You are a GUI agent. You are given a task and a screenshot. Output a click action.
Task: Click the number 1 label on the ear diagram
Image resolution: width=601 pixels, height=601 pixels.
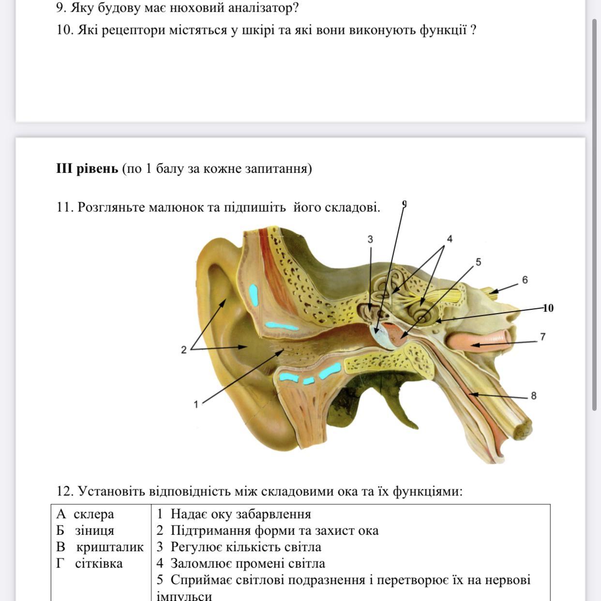point(196,405)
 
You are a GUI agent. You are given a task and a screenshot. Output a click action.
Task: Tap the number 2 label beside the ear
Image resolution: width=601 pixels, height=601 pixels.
point(184,350)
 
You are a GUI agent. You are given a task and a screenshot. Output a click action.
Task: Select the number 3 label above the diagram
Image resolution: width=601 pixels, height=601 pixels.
point(370,240)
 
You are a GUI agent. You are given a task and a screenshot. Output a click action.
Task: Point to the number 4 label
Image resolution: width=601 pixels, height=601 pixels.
point(450,239)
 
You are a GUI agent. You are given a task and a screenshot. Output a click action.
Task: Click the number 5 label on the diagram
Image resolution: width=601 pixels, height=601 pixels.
point(479,262)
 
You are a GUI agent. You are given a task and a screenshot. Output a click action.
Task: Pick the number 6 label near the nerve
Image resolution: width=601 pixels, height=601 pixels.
point(525,280)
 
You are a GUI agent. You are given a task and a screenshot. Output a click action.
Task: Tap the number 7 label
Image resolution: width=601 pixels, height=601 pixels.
point(543,337)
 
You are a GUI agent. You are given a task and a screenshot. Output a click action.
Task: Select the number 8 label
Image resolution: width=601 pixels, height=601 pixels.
point(534,396)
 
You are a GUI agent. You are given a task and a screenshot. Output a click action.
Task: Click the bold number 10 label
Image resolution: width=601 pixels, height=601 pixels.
point(548,308)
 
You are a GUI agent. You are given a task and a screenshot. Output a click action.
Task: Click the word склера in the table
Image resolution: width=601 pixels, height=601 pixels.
point(94,514)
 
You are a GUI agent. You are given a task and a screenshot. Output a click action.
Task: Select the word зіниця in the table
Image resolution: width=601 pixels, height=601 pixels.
point(94,530)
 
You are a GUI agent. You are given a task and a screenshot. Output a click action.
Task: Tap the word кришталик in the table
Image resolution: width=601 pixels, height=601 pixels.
point(110,547)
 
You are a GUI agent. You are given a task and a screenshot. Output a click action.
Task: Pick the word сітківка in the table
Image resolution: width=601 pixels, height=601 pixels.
point(99,563)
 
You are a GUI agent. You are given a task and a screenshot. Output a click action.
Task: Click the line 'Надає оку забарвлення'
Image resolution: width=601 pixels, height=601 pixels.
point(240,514)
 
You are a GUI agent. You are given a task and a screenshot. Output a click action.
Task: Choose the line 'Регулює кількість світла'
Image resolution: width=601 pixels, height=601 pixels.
point(246,547)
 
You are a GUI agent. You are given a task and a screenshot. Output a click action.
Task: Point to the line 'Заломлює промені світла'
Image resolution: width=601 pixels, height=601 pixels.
point(248,563)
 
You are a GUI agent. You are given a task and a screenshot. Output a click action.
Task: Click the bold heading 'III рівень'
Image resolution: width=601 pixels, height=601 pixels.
point(87,168)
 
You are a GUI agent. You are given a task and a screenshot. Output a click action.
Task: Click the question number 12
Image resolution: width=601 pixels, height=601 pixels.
point(64,492)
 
